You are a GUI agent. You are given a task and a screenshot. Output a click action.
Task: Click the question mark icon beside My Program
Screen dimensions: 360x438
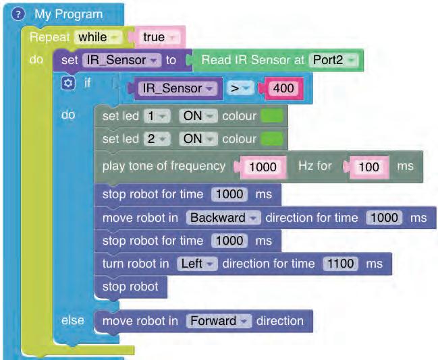[19, 14]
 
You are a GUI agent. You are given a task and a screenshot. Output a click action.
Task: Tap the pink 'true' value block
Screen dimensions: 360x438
[158, 37]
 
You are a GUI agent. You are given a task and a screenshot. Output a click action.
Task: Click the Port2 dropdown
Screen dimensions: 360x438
[335, 60]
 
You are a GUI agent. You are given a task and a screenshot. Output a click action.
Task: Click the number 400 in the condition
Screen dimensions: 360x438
[283, 88]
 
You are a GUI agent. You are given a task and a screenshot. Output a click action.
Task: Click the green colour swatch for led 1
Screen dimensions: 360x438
[272, 116]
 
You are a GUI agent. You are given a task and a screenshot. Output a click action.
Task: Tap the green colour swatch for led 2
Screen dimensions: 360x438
[272, 139]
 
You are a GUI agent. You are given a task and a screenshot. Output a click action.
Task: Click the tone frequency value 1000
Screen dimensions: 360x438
[262, 166]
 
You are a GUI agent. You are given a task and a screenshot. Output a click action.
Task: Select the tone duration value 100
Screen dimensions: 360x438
[368, 166]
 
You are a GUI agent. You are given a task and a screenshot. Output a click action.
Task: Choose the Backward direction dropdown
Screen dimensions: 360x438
[224, 218]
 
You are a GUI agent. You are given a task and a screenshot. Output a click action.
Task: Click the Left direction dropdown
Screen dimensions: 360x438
[196, 264]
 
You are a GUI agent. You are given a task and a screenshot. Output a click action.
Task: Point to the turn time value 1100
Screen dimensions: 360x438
[339, 264]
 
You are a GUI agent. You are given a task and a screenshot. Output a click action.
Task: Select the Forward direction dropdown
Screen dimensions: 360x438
[219, 321]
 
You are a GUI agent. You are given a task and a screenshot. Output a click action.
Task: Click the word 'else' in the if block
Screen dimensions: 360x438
[72, 320]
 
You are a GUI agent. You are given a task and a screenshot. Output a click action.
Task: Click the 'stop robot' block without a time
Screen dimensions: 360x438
[130, 287]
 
